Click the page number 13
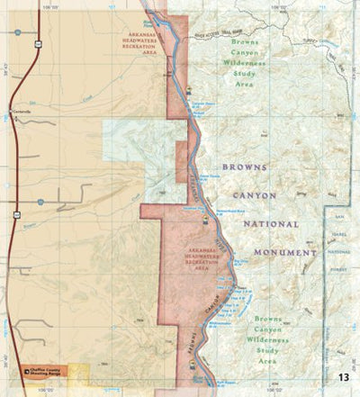(x=343, y=376)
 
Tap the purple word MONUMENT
(x=284, y=253)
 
